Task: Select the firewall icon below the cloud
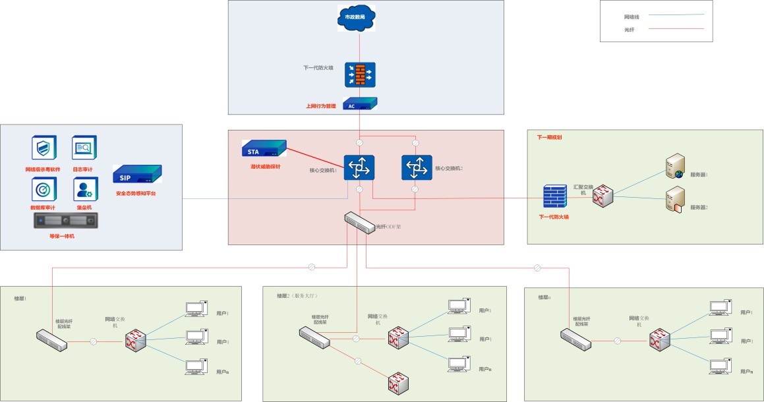(x=360, y=75)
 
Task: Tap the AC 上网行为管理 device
(x=360, y=104)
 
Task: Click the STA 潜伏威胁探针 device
(x=264, y=148)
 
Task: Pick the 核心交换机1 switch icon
(x=359, y=167)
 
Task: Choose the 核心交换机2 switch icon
(x=417, y=167)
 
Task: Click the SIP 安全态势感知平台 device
(x=136, y=175)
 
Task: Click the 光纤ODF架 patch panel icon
(x=360, y=223)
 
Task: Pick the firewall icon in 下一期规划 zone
(x=554, y=197)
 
